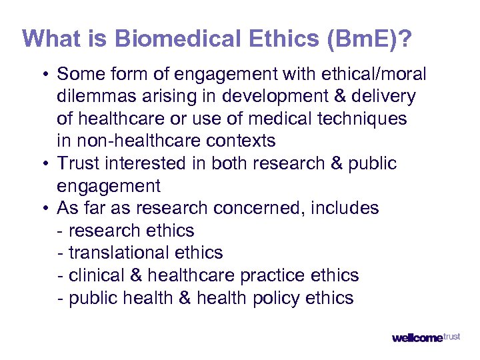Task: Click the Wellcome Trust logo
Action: click(425, 337)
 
